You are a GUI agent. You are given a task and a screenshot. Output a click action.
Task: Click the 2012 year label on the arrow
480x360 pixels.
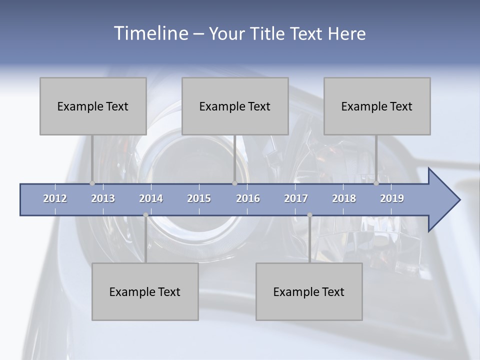coord(55,198)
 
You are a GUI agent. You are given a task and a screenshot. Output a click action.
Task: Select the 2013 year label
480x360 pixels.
coord(103,198)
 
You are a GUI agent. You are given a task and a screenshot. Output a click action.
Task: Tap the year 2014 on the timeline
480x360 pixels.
coord(151,198)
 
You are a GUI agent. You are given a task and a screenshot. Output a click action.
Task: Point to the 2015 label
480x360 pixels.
coord(199,198)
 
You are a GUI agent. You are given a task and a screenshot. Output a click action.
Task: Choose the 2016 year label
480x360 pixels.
coord(248,198)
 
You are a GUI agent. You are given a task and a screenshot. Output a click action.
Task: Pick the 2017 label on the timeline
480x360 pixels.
coord(296,198)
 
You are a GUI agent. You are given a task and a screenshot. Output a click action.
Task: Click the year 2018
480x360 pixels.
coord(344,198)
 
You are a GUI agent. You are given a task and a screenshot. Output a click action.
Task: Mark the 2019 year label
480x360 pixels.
coord(392,198)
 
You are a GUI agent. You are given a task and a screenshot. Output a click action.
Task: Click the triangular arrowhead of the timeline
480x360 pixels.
coord(442,200)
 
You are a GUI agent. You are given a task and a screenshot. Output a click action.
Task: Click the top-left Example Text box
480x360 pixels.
coord(93,106)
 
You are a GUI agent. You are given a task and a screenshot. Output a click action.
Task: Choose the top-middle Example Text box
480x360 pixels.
coord(235,106)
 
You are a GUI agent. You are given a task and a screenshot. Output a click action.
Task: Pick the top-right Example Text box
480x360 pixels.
coord(377,106)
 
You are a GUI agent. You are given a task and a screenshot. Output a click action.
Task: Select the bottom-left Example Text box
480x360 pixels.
coord(145,291)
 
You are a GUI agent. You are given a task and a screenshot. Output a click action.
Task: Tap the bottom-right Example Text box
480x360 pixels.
coord(309,291)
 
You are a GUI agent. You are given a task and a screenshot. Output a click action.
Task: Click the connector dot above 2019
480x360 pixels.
coord(376,183)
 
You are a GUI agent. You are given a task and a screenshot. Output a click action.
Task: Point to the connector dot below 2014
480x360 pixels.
coord(145,215)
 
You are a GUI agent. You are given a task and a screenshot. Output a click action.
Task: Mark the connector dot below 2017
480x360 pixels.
coord(309,215)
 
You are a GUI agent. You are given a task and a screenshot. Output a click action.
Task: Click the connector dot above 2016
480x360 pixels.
coord(234,183)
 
